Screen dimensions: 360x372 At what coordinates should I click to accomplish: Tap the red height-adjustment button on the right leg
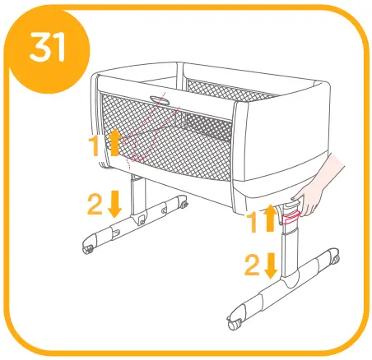(x=290, y=217)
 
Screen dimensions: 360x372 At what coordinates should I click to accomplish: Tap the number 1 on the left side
(x=97, y=147)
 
